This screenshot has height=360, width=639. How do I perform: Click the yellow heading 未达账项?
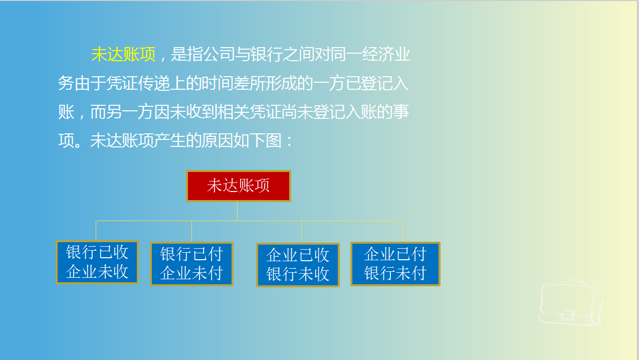pyautogui.click(x=123, y=54)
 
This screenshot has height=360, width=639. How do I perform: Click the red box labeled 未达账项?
pyautogui.click(x=239, y=186)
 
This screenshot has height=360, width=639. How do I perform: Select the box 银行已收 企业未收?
pyautogui.click(x=97, y=262)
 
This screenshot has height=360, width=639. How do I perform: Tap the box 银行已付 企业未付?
pyautogui.click(x=191, y=264)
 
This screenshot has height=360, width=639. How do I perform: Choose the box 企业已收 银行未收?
pyautogui.click(x=298, y=265)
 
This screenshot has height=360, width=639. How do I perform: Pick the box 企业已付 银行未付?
pyautogui.click(x=395, y=264)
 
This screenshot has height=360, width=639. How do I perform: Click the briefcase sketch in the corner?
pyautogui.click(x=571, y=301)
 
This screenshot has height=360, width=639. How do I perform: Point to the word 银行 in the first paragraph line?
pyautogui.click(x=267, y=54)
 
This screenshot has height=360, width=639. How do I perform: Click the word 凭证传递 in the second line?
pyautogui.click(x=138, y=83)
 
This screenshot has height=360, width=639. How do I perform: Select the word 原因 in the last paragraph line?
pyautogui.click(x=217, y=140)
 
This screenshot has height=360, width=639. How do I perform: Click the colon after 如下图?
pyautogui.click(x=289, y=141)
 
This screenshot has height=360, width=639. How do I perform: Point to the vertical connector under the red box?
pyautogui.click(x=238, y=211)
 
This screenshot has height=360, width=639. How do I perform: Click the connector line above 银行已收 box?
pyautogui.click(x=96, y=231)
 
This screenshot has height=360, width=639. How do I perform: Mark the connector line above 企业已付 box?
pyautogui.click(x=402, y=231)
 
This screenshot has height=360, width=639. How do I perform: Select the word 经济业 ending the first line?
pyautogui.click(x=386, y=54)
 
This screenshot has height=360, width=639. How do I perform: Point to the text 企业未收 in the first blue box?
pyautogui.click(x=97, y=271)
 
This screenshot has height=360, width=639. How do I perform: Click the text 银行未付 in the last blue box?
pyautogui.click(x=395, y=273)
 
